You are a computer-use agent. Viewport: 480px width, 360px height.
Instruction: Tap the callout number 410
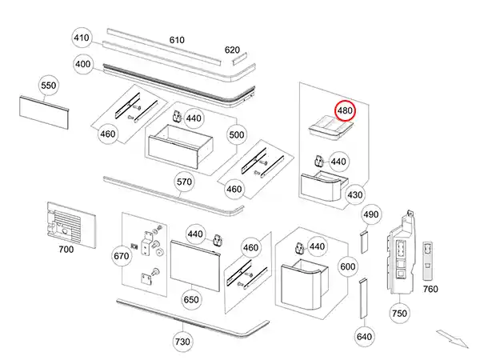click(82, 38)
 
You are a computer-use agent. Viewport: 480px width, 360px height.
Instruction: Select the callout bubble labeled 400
click(82, 64)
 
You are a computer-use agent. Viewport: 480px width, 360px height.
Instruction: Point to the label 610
click(177, 40)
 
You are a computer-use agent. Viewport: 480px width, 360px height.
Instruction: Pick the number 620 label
click(232, 50)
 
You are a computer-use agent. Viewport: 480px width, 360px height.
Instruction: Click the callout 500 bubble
click(237, 135)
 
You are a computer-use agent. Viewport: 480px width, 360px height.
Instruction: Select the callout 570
click(185, 182)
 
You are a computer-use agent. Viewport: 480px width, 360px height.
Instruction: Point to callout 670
click(122, 256)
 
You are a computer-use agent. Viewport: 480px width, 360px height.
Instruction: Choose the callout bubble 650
click(191, 299)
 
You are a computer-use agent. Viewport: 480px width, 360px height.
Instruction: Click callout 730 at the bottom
click(183, 342)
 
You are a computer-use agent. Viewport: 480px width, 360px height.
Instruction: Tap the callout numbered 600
click(347, 266)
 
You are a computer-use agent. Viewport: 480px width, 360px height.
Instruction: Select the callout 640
click(364, 337)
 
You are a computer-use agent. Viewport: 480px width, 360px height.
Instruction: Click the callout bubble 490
click(371, 215)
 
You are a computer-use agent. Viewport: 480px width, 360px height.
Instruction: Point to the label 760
click(430, 289)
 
